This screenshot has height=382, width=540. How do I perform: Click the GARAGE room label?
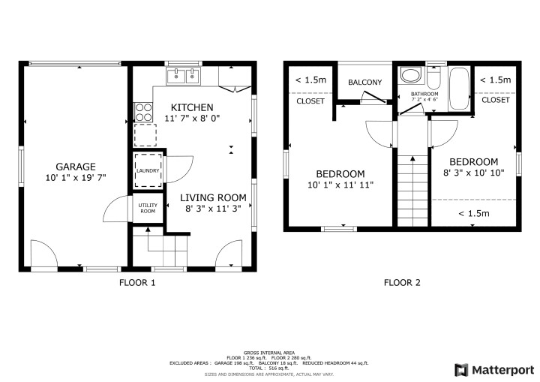point(75,166)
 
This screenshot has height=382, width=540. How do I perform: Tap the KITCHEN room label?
point(192,107)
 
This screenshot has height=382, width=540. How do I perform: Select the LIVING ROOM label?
point(214,197)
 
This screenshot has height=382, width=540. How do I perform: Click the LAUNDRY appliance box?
point(147,170)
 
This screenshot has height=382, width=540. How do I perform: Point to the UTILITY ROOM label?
point(147,208)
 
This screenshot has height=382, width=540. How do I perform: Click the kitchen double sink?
point(184,75)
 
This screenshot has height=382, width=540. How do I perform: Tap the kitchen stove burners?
point(142,111)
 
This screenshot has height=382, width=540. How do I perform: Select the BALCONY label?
point(364,82)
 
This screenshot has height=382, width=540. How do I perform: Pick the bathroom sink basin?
point(410,75)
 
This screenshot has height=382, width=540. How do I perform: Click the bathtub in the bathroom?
point(458,89)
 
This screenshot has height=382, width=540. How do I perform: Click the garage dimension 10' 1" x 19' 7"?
point(75,178)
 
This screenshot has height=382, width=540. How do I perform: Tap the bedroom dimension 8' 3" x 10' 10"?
point(473,173)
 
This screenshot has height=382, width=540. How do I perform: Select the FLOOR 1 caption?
point(137,283)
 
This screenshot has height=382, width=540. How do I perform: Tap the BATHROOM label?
point(424,94)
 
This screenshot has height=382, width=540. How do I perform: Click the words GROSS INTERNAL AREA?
point(268,352)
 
